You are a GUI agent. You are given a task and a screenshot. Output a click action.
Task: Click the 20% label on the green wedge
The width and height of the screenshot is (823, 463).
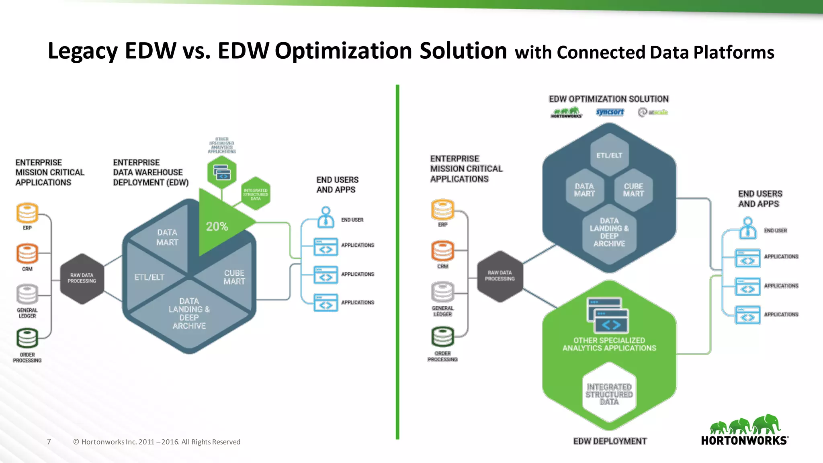[x=217, y=227]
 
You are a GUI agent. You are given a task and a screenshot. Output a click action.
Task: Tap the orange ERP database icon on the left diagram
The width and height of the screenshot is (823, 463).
[x=27, y=213]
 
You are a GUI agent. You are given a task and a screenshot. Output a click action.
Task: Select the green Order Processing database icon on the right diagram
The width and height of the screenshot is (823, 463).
[x=442, y=337]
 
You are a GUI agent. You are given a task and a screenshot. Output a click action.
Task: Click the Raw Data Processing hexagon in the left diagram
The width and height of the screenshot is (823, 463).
[x=82, y=278]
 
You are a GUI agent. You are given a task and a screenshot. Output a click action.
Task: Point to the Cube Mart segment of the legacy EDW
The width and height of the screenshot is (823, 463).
[x=234, y=277]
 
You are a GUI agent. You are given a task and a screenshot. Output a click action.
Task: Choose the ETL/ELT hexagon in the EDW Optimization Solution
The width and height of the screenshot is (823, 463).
[x=609, y=156]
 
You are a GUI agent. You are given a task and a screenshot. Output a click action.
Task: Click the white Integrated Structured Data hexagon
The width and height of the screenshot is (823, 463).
[x=609, y=394]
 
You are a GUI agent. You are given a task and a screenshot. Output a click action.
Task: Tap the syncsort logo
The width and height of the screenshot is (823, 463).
[x=610, y=112]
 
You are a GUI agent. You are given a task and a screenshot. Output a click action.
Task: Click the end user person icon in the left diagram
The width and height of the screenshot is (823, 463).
[x=326, y=217]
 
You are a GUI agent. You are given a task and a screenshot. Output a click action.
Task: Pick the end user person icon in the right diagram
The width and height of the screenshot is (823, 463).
[x=747, y=228]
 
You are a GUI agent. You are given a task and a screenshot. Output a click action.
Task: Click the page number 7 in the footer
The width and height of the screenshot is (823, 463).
[x=49, y=442]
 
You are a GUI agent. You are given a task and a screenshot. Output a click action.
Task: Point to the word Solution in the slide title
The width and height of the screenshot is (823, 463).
[x=463, y=51]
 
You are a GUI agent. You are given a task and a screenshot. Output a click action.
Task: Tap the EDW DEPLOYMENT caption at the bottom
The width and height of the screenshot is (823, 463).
[x=610, y=441]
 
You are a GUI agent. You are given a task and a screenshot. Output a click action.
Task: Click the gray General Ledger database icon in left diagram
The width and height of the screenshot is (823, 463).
[x=27, y=295]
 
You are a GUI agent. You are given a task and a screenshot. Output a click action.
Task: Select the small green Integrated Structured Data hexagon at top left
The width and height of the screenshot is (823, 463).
[x=256, y=193]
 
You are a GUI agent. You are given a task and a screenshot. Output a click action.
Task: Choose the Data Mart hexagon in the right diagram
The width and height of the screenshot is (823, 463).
[x=584, y=190]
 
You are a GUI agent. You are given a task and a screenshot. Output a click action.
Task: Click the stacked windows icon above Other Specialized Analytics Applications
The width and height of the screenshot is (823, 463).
[x=608, y=315]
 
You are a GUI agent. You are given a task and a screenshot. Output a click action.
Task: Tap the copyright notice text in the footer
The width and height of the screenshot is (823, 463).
[x=157, y=442]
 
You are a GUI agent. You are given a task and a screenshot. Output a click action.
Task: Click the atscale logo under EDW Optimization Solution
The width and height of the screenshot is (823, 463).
[x=653, y=112]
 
